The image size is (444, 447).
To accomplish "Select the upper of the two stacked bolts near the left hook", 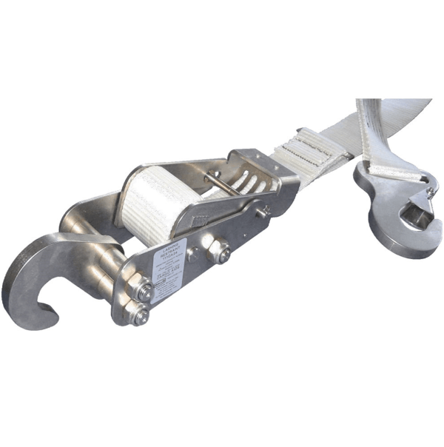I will pyautogui.click(x=142, y=291).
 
